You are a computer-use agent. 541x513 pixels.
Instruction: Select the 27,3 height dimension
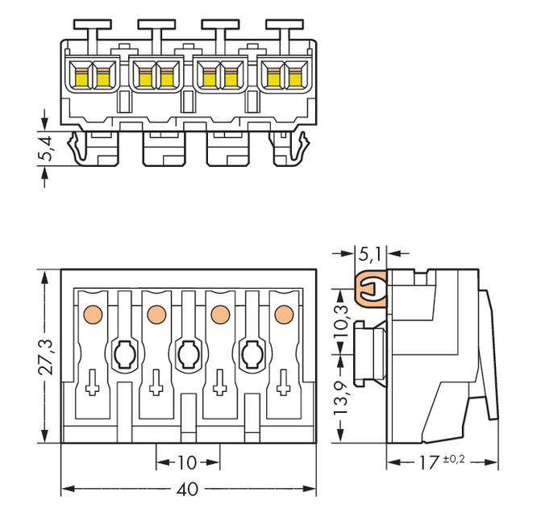pos(48,356)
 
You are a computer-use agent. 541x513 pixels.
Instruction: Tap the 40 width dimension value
pos(187,490)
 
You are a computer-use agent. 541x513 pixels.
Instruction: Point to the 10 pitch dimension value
pos(187,464)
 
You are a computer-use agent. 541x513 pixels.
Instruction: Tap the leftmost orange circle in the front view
pos(93,313)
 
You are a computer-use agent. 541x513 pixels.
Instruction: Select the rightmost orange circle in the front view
pos(282,313)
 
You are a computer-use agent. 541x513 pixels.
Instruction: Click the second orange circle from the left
pos(156,313)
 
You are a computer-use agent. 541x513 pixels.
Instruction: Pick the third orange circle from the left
pos(219,313)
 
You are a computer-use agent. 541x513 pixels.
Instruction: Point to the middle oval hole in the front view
pos(187,353)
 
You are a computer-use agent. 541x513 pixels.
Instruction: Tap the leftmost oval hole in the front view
pos(124,353)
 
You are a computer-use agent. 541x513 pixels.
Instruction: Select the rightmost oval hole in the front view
pos(250,353)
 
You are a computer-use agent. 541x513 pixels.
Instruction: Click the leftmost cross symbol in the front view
pos(93,386)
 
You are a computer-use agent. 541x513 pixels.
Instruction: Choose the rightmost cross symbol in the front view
pos(282,386)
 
